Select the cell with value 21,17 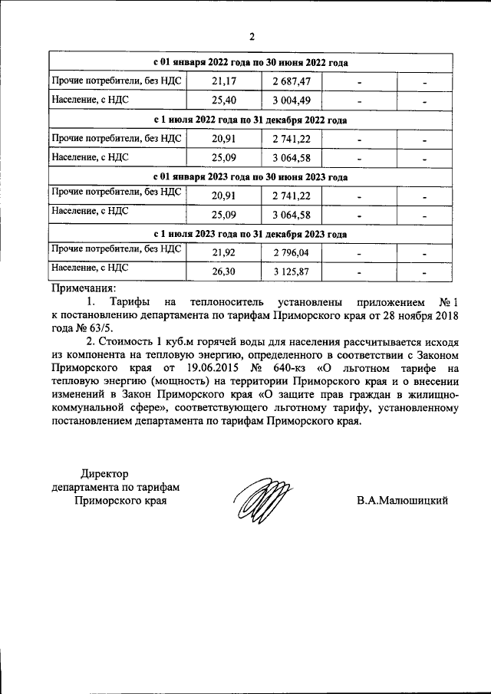(222, 81)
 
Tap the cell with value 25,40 (222, 100)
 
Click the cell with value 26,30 (222, 271)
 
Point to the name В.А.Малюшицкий (402, 501)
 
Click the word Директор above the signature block (106, 473)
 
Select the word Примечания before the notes (81, 288)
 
